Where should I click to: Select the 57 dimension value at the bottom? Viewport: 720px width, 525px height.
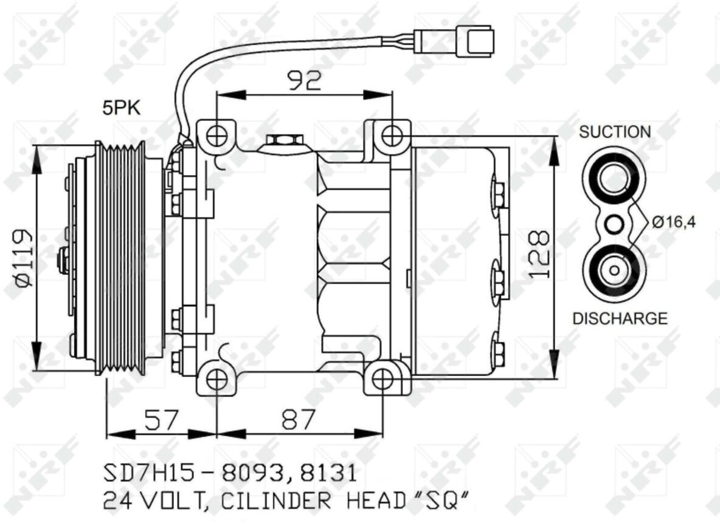[x=161, y=419]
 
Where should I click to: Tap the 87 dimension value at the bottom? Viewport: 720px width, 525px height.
[x=299, y=419]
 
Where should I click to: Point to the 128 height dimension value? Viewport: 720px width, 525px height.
[x=539, y=254]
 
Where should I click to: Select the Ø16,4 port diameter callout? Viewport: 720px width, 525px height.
[x=674, y=222]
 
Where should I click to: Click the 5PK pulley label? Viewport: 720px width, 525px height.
[x=121, y=108]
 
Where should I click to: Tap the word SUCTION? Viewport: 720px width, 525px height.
[x=615, y=132]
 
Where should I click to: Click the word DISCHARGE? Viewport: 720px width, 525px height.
[x=620, y=318]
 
